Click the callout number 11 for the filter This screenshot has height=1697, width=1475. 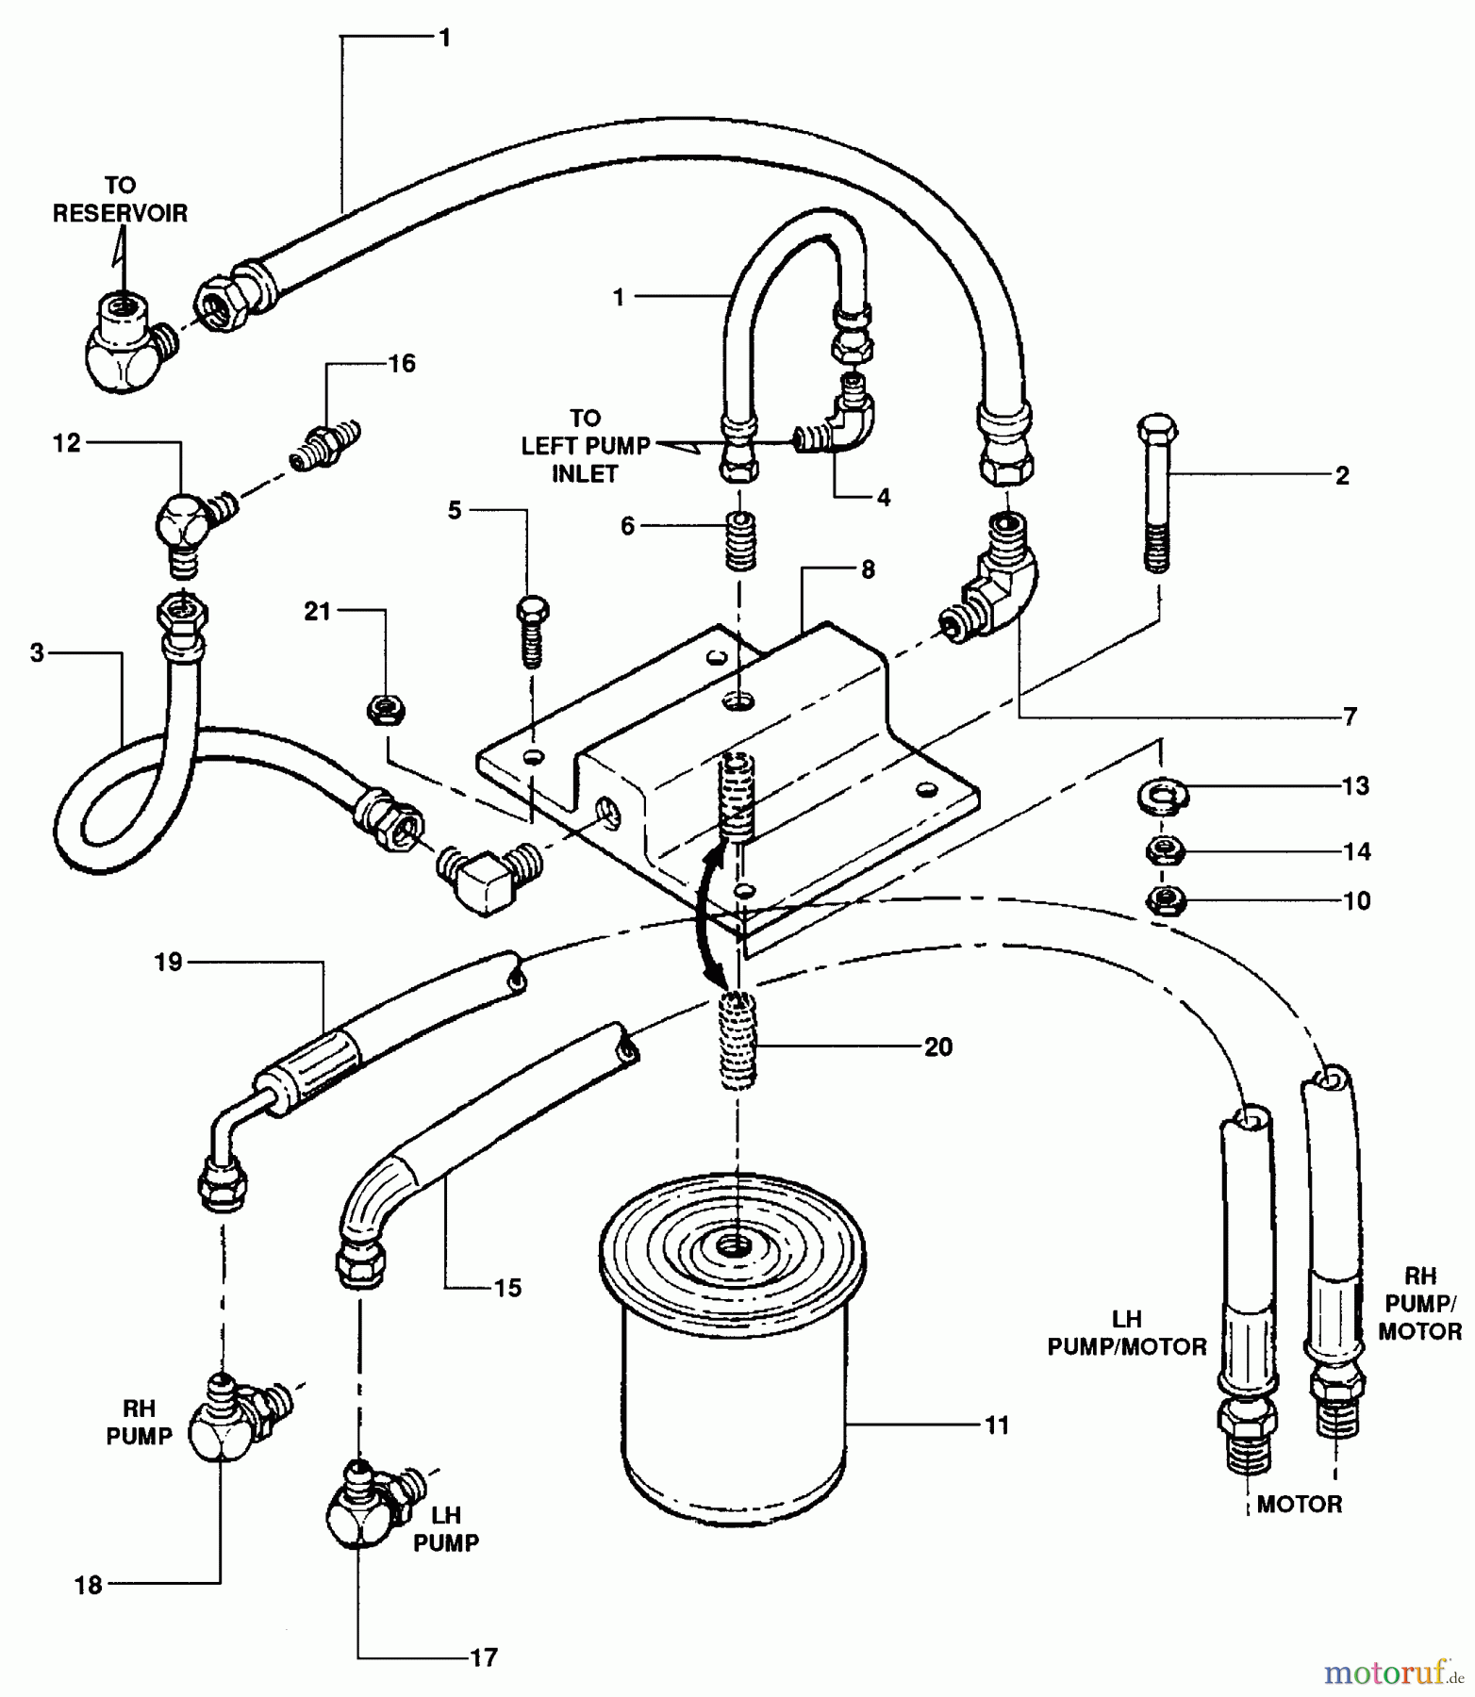coord(997,1425)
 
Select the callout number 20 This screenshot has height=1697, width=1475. coord(938,1046)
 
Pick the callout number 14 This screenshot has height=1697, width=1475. coord(1356,852)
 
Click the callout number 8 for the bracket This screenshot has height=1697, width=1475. coord(867,569)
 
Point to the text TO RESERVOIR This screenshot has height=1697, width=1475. coord(120,200)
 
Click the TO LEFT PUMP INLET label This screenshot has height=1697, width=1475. coord(586,446)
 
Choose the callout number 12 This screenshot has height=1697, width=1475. coord(67,443)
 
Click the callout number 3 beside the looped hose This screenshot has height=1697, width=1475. coord(37,652)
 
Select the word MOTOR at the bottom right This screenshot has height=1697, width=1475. coord(1299,1504)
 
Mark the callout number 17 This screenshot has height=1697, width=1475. coord(483,1656)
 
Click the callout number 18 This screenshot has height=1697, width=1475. coord(88,1585)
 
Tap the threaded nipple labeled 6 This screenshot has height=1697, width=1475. coord(739,541)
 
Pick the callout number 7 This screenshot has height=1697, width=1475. coord(1350,717)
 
